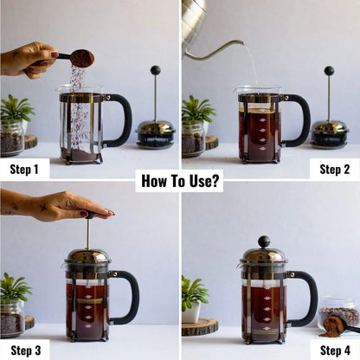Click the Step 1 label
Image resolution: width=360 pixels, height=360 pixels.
tap(24, 169)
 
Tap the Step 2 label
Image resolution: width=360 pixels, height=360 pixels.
tap(334, 169)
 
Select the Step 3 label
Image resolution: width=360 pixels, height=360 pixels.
tap(24, 350)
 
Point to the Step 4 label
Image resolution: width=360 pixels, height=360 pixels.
tap(334, 350)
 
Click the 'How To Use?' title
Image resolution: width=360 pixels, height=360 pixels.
tap(180, 181)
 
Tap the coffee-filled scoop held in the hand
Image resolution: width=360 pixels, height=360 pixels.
tap(81, 58)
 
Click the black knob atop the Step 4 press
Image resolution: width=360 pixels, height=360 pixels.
tap(263, 241)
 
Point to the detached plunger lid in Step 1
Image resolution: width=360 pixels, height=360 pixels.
tap(156, 130)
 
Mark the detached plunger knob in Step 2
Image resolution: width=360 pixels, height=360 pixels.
tap(329, 71)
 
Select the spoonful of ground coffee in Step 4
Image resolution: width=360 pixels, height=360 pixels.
tap(332, 325)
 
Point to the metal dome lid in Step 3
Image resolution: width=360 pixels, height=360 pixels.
tap(87, 258)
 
